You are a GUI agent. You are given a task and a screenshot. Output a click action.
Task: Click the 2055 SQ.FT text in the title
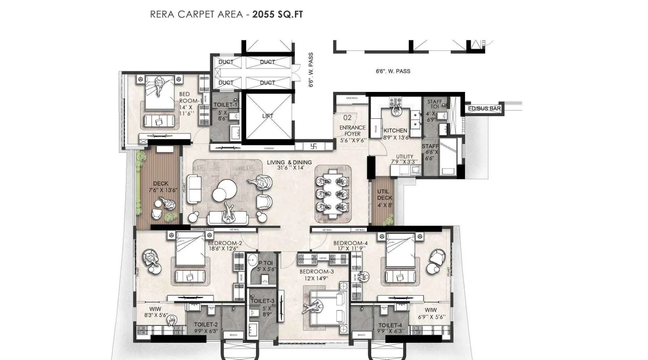click(x=277, y=15)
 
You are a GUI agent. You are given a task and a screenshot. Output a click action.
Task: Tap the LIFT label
click(x=268, y=116)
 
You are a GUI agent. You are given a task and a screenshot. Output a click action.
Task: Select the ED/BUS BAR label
click(x=484, y=109)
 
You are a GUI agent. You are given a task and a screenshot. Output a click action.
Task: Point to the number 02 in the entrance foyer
click(x=347, y=118)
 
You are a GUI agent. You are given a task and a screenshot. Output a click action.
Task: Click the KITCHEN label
click(x=395, y=130)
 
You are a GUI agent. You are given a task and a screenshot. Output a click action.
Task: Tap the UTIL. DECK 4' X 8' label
click(x=384, y=198)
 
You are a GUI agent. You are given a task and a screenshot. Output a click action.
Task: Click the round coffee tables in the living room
click(x=224, y=190)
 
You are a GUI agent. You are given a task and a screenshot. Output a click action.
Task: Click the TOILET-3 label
click(x=262, y=301)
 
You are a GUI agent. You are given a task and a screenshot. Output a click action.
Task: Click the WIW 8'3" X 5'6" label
click(x=156, y=312)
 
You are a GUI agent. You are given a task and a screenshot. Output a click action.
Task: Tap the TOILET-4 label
click(x=390, y=325)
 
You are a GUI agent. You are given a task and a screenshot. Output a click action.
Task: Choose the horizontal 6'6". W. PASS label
click(x=393, y=71)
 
